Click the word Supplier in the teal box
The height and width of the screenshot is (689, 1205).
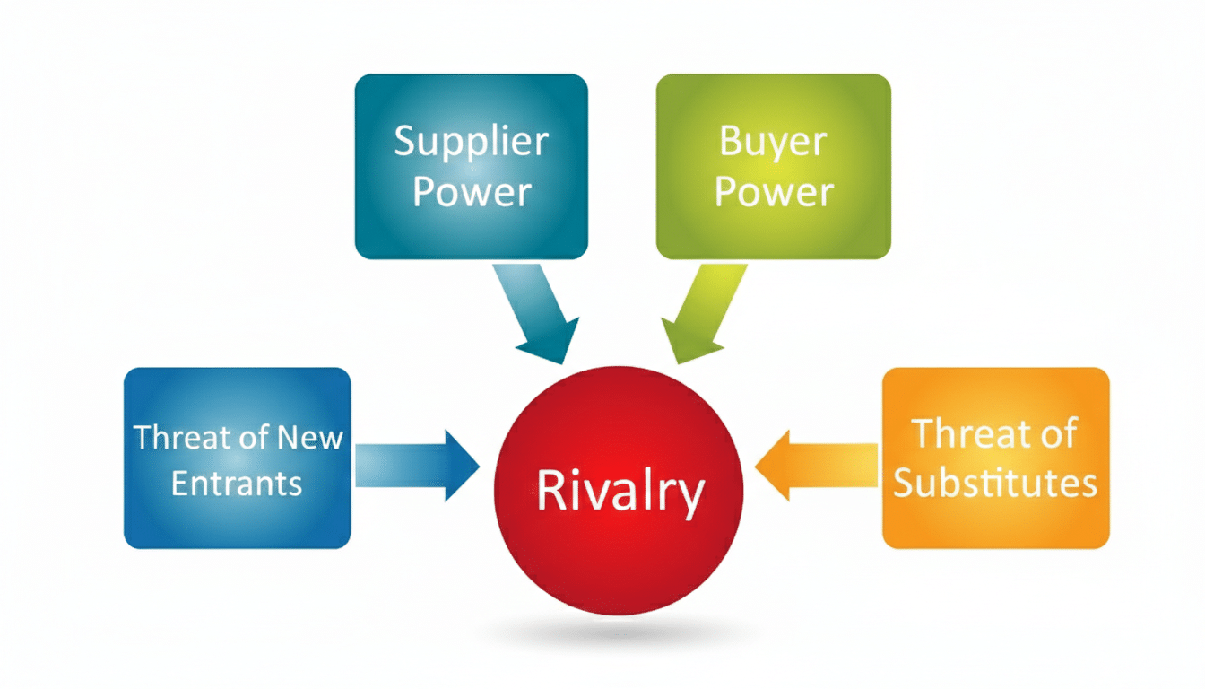click(x=471, y=144)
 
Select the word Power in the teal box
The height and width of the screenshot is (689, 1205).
click(x=472, y=192)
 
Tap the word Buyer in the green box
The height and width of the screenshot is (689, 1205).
click(x=773, y=143)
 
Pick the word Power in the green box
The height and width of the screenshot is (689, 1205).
click(x=774, y=192)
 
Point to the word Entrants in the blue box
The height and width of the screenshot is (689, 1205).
click(x=237, y=484)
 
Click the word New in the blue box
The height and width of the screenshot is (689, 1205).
click(x=310, y=438)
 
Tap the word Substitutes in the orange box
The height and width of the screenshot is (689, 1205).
click(x=995, y=484)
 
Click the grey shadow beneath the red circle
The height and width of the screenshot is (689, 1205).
click(x=619, y=634)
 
